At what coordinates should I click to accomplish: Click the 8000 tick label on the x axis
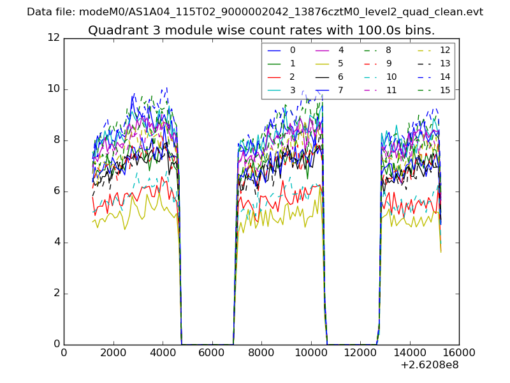pyautogui.click(x=261, y=352)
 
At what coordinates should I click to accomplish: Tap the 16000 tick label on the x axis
pyautogui.click(x=459, y=352)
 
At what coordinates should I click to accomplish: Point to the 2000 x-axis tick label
pyautogui.click(x=113, y=352)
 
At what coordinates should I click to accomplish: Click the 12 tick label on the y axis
pyautogui.click(x=54, y=38)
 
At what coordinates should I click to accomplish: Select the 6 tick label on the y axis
pyautogui.click(x=56, y=191)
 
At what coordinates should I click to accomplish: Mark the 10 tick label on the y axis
pyautogui.click(x=54, y=89)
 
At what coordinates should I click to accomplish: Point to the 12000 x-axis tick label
pyautogui.click(x=360, y=352)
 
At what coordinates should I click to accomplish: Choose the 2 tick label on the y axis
pyautogui.click(x=56, y=294)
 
